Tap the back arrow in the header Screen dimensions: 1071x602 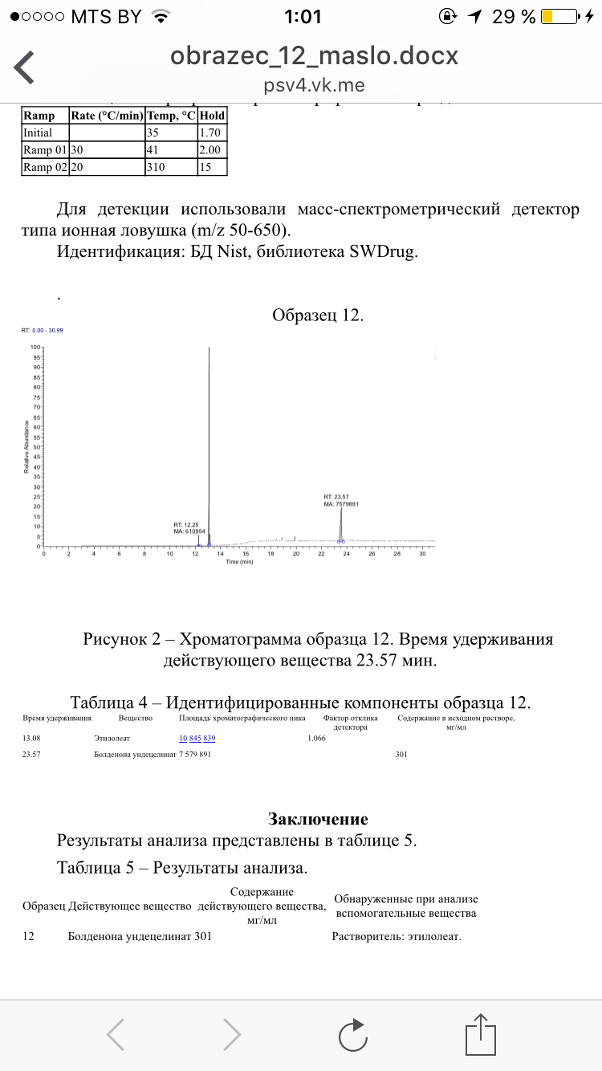click(24, 67)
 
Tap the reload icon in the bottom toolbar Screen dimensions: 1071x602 click(352, 1034)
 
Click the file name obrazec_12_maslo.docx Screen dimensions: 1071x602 click(314, 56)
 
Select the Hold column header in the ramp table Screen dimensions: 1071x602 click(213, 116)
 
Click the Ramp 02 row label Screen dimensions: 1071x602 click(44, 167)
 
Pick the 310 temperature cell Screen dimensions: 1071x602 click(157, 167)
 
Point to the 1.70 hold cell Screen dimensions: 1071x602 click(210, 132)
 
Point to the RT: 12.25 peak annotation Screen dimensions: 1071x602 click(189, 524)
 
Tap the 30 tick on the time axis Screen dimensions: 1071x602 click(422, 553)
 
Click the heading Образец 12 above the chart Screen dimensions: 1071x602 click(318, 315)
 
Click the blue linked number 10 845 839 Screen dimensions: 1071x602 click(197, 738)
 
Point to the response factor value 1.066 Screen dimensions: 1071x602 click(316, 738)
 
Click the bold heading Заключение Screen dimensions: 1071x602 click(318, 819)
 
